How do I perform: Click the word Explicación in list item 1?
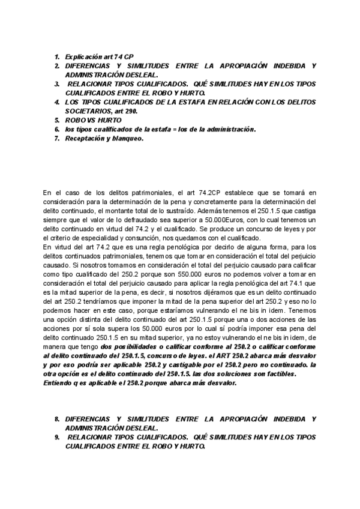(x=83, y=56)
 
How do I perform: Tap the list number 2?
(x=56, y=65)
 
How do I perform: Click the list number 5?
(x=56, y=120)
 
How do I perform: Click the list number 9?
(x=56, y=438)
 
